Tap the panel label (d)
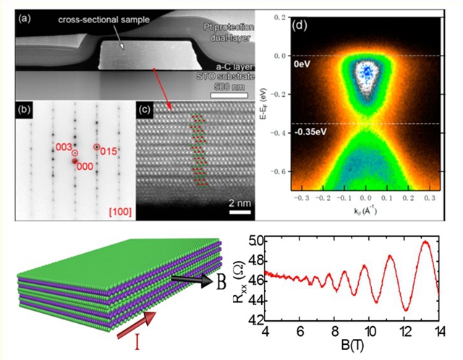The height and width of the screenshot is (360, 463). pyautogui.click(x=300, y=27)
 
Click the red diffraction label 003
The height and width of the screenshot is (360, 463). pyautogui.click(x=65, y=147)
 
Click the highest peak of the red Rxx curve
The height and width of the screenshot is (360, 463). pyautogui.click(x=425, y=242)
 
